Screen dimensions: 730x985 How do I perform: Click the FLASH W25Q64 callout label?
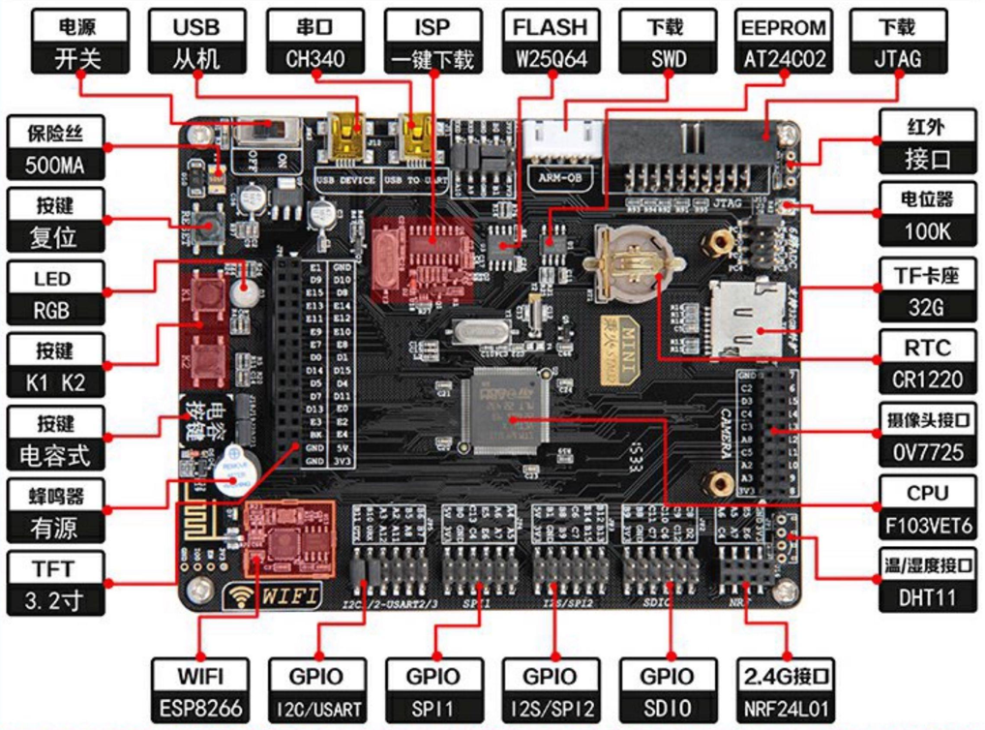point(550,43)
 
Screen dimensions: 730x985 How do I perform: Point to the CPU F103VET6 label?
point(927,509)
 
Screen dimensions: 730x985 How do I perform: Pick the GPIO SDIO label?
point(667,691)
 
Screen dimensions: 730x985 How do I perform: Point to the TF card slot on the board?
point(746,316)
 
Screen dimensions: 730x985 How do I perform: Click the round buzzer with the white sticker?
point(231,471)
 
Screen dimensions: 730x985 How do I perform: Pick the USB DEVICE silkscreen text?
point(345,178)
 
